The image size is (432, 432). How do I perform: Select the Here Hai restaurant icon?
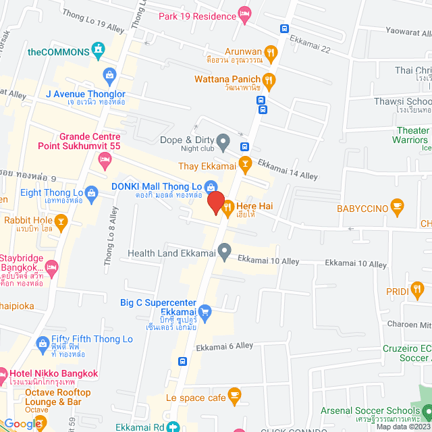(x=227, y=207)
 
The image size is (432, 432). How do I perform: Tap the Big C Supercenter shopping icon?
(x=206, y=311)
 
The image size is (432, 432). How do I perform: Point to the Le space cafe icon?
(x=234, y=394)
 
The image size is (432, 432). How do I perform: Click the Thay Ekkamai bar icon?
(x=245, y=162)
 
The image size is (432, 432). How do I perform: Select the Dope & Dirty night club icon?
(x=225, y=141)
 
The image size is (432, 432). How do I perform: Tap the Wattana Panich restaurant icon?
(x=269, y=79)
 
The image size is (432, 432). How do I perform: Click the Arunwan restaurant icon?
(x=270, y=52)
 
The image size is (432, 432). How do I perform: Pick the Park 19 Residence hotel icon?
(x=245, y=14)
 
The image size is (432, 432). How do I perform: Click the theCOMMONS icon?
(x=99, y=49)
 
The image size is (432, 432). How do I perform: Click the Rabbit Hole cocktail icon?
(x=61, y=220)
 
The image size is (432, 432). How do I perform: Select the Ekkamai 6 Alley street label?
(x=224, y=346)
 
